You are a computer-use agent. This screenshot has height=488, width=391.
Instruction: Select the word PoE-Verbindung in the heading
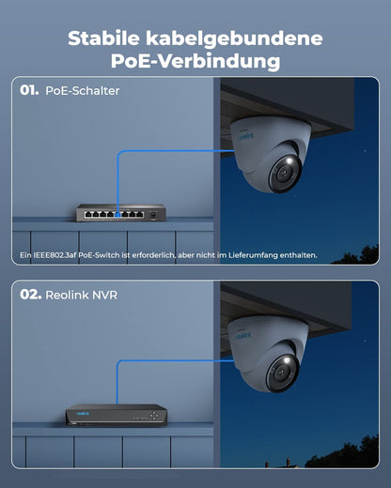(x=195, y=62)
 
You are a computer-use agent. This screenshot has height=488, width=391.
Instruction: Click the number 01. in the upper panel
(x=29, y=92)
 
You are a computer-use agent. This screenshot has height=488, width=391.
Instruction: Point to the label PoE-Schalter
(x=82, y=92)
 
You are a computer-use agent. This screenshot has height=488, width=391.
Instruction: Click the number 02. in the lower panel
(x=30, y=295)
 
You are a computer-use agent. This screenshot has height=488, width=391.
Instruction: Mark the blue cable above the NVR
(x=117, y=385)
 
